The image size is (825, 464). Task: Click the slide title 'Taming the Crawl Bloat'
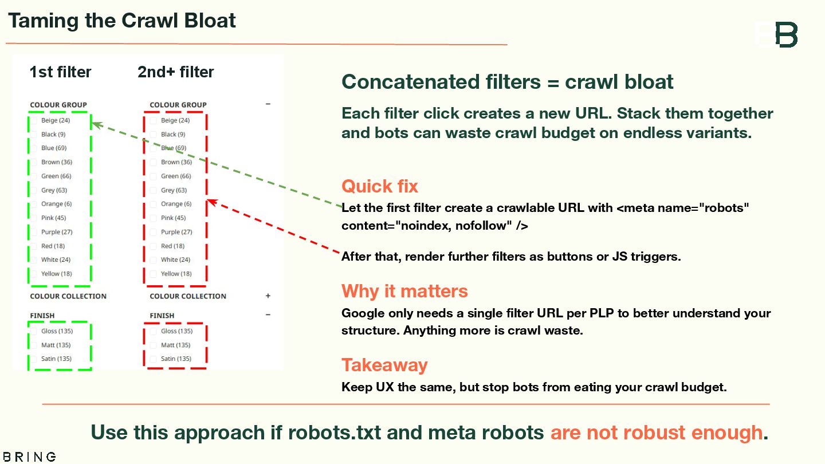click(x=121, y=21)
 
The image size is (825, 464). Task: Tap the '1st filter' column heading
click(x=60, y=72)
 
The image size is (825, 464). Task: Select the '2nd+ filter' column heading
click(x=175, y=72)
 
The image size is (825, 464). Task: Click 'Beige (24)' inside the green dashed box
click(x=56, y=120)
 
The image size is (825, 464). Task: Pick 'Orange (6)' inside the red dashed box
click(x=176, y=204)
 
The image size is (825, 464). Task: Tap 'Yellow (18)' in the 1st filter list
click(x=56, y=274)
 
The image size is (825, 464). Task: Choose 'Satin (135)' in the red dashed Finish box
click(x=176, y=359)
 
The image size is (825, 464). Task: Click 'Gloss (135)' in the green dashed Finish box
click(x=57, y=331)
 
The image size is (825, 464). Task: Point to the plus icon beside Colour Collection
click(x=268, y=296)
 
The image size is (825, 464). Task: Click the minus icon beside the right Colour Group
click(x=268, y=104)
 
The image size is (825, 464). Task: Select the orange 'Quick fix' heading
click(x=379, y=186)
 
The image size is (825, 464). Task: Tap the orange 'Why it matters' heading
click(x=404, y=291)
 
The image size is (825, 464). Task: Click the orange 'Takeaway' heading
click(x=384, y=365)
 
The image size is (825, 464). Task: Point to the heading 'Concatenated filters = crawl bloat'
click(x=507, y=82)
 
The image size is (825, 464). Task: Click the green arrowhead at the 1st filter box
click(x=96, y=123)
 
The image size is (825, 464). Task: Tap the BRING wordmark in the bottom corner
click(x=28, y=457)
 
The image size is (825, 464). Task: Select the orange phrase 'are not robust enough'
click(x=656, y=432)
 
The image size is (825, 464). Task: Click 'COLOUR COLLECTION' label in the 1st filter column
click(x=68, y=296)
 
